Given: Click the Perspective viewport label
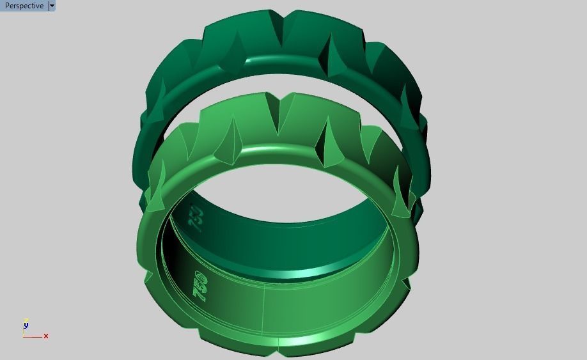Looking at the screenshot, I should (24, 6).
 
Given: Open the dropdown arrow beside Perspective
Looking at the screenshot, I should (52, 6).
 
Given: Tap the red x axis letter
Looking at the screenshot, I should (46, 336).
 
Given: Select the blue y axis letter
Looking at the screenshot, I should (26, 325).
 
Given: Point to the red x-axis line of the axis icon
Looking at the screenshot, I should (33, 336).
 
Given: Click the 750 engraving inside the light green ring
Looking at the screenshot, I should (200, 286).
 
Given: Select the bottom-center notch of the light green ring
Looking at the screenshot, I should (278, 351).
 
